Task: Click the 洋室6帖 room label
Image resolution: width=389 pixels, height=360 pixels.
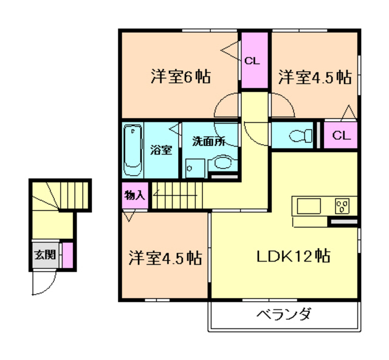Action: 181,77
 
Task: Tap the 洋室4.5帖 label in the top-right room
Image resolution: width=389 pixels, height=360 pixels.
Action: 315,77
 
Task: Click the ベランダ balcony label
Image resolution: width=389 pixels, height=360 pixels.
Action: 283,315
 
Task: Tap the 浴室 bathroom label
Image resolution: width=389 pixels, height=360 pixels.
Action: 160,150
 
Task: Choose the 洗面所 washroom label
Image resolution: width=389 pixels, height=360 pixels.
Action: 208,141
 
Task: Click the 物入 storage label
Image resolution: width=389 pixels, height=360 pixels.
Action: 134,196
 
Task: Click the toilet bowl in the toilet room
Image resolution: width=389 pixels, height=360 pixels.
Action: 296,135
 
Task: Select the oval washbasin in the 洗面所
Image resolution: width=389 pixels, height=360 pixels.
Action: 222,162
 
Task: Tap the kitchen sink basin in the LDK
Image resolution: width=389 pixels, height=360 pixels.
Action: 307,206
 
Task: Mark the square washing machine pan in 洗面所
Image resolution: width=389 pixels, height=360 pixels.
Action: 194,167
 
